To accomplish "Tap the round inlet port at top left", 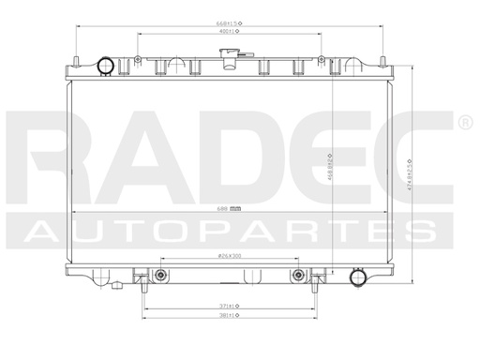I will click(105, 66).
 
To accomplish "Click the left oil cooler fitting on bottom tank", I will click(161, 275).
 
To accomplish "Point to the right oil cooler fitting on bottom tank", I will click(298, 275).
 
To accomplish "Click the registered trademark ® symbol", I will click(464, 124).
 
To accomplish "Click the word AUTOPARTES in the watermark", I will click(231, 232).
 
